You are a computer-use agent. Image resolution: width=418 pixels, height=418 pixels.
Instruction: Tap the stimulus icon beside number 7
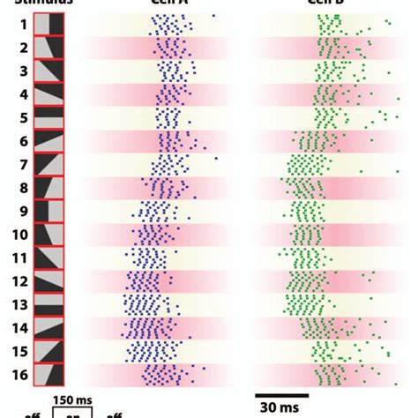(49, 164)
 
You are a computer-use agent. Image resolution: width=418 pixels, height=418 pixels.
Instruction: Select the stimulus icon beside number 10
(49, 234)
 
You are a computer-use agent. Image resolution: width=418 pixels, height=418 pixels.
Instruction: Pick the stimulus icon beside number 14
(49, 327)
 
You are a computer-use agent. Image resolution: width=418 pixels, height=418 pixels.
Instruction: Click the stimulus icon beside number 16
(49, 374)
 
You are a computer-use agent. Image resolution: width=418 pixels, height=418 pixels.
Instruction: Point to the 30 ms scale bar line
(282, 394)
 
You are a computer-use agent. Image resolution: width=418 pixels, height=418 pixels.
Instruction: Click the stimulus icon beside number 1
(49, 25)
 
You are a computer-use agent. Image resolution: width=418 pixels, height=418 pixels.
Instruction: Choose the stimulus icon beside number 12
(49, 280)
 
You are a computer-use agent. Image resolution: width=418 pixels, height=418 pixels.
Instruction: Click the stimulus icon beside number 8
(49, 187)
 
